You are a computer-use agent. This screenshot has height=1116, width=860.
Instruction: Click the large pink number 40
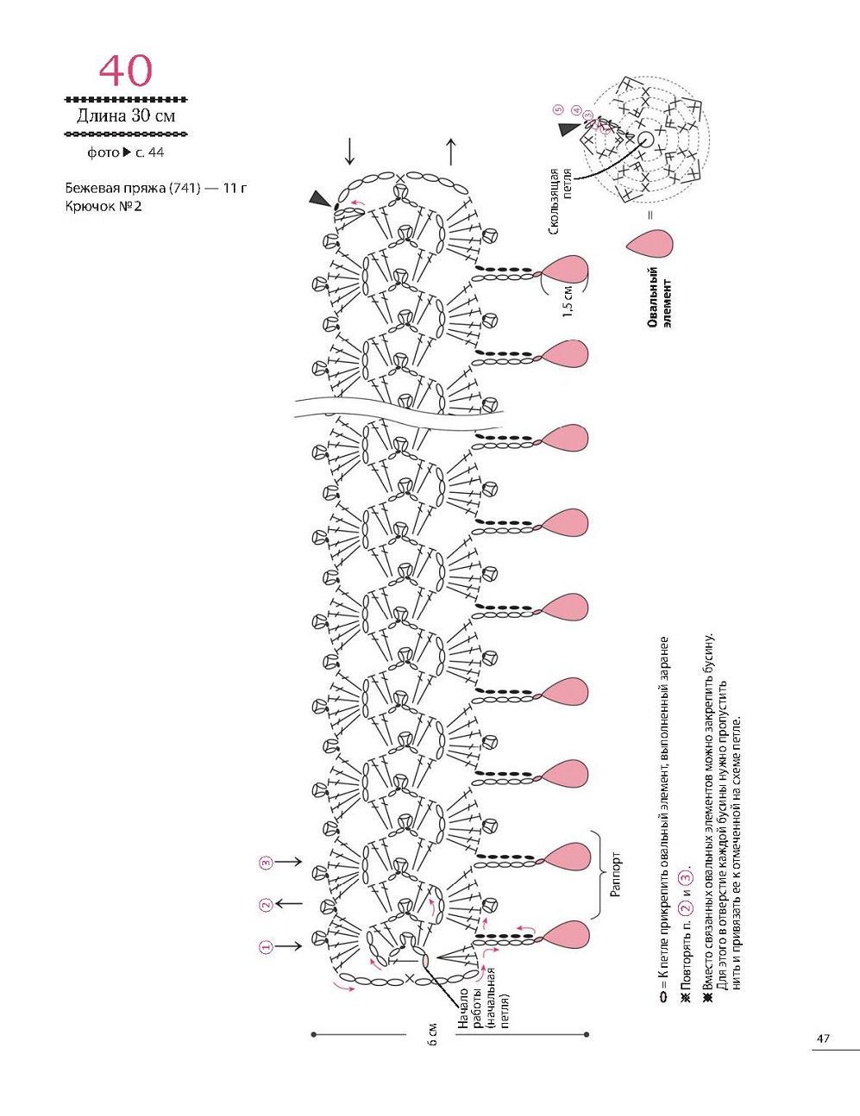pyautogui.click(x=126, y=71)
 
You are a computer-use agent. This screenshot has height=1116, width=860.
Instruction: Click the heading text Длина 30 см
pyautogui.click(x=126, y=115)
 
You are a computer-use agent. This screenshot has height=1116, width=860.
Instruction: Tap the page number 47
pyautogui.click(x=823, y=1038)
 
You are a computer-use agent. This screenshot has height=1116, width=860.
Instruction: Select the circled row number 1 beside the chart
pyautogui.click(x=266, y=946)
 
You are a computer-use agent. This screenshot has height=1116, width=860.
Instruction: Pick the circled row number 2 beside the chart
pyautogui.click(x=266, y=904)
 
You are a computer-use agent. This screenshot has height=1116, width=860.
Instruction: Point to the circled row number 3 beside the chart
pyautogui.click(x=266, y=862)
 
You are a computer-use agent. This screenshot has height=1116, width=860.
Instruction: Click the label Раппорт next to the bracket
pyautogui.click(x=615, y=875)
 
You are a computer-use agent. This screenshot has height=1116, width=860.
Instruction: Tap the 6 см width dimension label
pyautogui.click(x=433, y=1034)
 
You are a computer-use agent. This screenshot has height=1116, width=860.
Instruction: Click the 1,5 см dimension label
pyautogui.click(x=568, y=301)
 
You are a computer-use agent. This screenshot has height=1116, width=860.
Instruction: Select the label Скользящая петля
pyautogui.click(x=560, y=201)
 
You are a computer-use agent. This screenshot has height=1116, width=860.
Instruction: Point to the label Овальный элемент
pyautogui.click(x=659, y=298)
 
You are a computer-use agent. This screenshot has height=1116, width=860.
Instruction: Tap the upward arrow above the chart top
pyautogui.click(x=451, y=151)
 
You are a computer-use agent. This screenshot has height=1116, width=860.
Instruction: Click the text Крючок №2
pyautogui.click(x=103, y=207)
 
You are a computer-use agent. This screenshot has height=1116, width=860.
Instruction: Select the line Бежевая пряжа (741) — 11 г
pyautogui.click(x=155, y=187)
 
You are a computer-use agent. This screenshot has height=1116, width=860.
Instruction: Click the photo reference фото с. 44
pyautogui.click(x=125, y=153)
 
